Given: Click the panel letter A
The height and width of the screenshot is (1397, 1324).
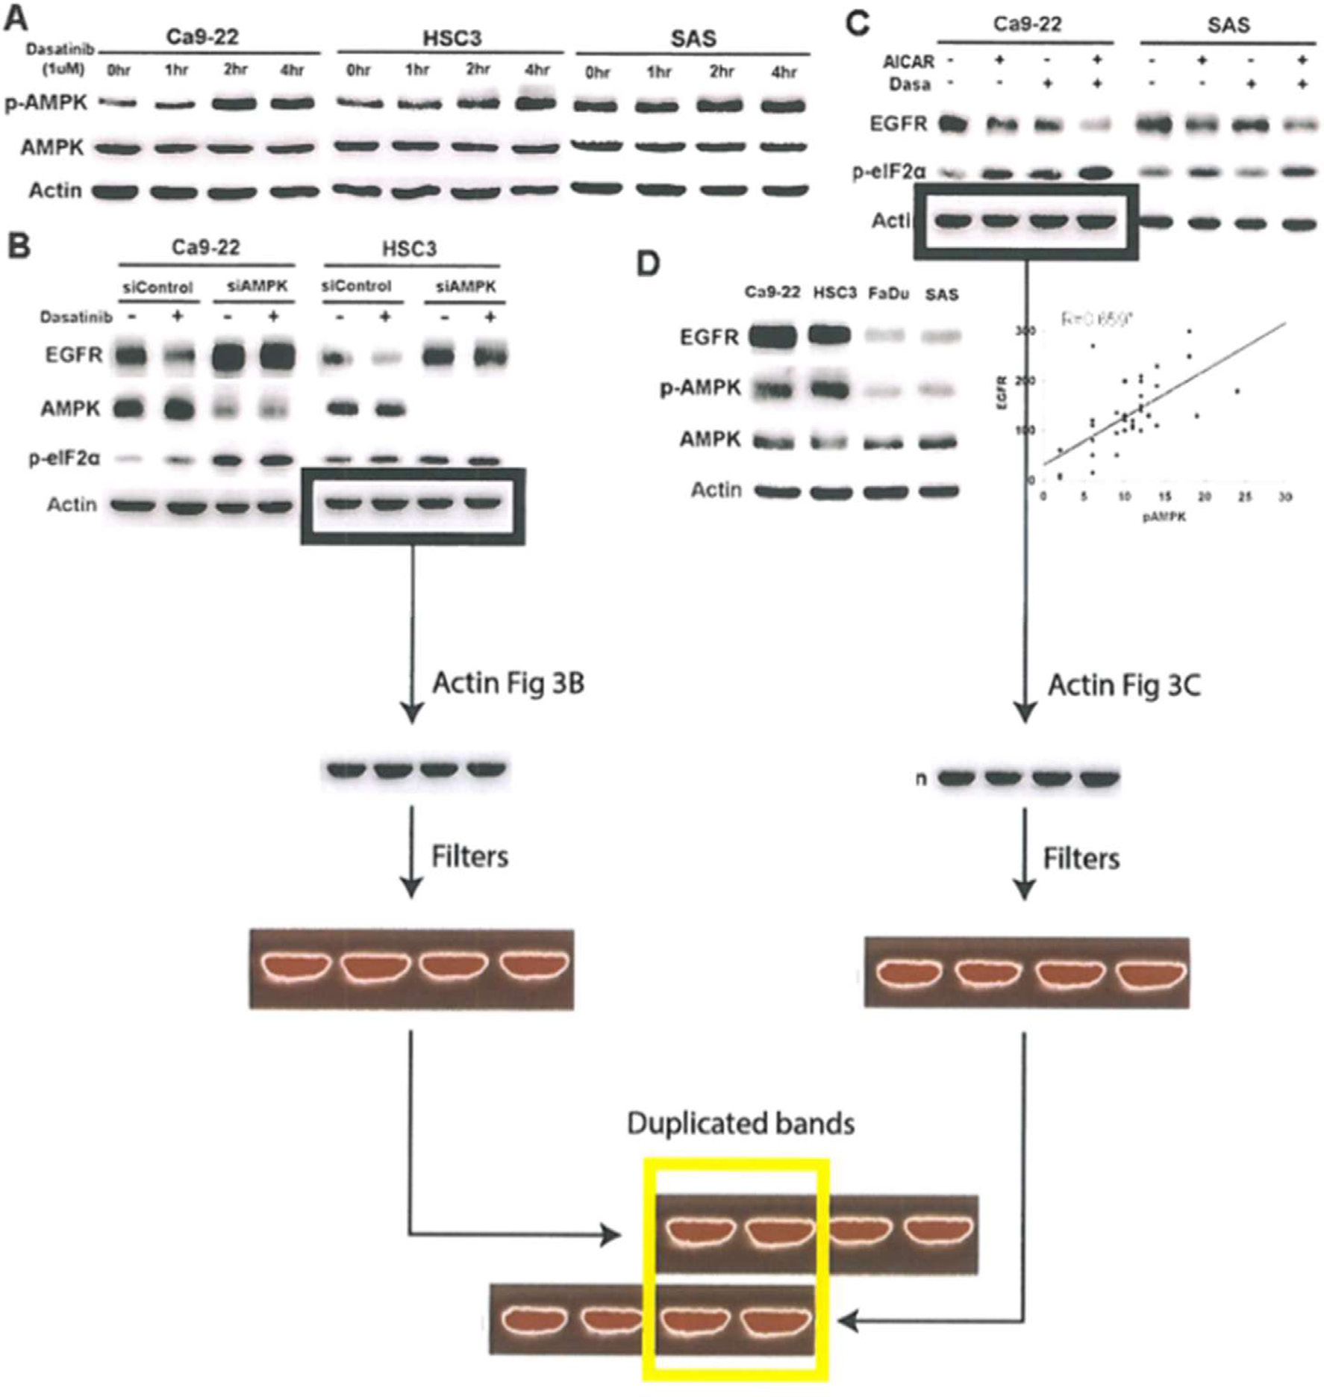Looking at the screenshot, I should (x=16, y=19).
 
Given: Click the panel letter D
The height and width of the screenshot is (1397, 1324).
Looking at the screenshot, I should (x=648, y=263).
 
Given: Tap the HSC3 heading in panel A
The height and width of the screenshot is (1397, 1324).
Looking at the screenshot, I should (x=452, y=38).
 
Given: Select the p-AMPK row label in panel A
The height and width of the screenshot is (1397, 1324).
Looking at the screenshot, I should (x=46, y=103).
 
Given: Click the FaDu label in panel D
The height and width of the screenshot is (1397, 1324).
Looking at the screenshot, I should (x=888, y=293).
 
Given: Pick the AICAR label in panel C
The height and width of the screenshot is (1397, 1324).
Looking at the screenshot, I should (x=908, y=61).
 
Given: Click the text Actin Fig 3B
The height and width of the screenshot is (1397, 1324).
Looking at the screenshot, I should (x=508, y=682).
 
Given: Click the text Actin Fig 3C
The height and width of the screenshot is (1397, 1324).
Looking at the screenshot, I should (x=1124, y=685).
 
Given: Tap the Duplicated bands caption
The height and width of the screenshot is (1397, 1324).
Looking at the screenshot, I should (x=740, y=1123).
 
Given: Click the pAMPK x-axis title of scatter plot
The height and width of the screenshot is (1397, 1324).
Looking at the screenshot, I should (x=1164, y=517).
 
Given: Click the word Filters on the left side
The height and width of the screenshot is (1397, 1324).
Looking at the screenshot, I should (x=469, y=856).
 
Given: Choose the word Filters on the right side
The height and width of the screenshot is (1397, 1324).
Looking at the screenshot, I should (x=1081, y=859).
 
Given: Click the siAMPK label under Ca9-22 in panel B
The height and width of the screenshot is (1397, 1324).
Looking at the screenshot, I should (x=257, y=286).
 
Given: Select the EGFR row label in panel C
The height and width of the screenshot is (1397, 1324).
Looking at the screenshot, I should (x=898, y=123).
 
